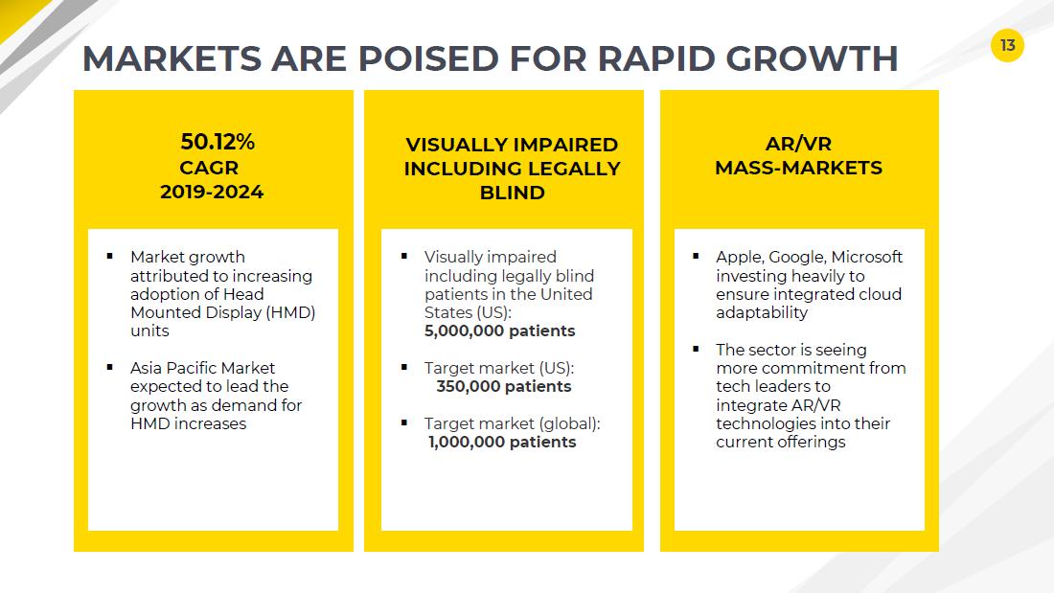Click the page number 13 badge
[1007, 45]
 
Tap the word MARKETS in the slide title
[172, 58]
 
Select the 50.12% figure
[218, 142]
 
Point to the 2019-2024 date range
[212, 193]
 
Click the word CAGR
[209, 168]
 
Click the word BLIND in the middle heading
[513, 193]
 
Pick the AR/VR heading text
[798, 144]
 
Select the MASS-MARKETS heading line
[798, 168]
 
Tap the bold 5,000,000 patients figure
[499, 331]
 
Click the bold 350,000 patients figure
[503, 387]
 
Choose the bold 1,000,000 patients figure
[502, 443]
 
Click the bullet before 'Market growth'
[109, 256]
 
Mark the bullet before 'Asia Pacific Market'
[109, 367]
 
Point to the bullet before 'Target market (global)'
[404, 422]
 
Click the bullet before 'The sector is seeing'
[696, 349]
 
